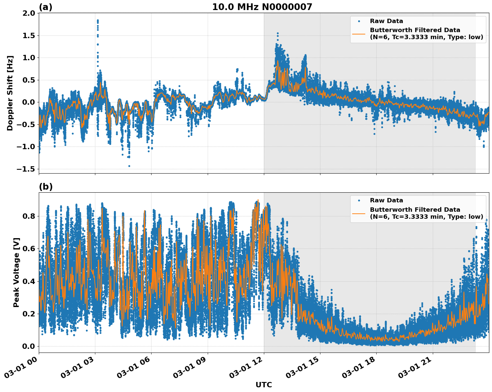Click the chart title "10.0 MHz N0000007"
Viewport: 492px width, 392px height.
pyautogui.click(x=262, y=7)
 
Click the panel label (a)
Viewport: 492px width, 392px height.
pyautogui.click(x=45, y=7)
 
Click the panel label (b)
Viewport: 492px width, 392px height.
pyautogui.click(x=46, y=187)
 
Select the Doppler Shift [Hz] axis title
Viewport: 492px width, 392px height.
pyautogui.click(x=10, y=93)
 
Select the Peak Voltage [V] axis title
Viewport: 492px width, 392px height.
pyautogui.click(x=16, y=272)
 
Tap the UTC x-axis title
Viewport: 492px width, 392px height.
pyautogui.click(x=264, y=385)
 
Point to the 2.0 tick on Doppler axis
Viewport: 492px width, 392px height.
pyautogui.click(x=28, y=13)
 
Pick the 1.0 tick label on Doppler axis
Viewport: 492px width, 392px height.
pyautogui.click(x=28, y=58)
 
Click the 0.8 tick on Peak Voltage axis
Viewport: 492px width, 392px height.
pyautogui.click(x=28, y=216)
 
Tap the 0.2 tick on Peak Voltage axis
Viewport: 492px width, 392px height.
pyautogui.click(x=28, y=314)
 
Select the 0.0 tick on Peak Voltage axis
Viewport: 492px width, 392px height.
pyautogui.click(x=28, y=346)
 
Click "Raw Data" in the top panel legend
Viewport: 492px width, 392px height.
pyautogui.click(x=386, y=21)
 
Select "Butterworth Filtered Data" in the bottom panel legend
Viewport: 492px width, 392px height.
pyautogui.click(x=415, y=210)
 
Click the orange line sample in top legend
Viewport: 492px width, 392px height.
pyautogui.click(x=359, y=34)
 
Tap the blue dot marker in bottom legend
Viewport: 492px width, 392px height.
pyautogui.click(x=359, y=201)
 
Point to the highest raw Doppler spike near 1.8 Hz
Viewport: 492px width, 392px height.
pyautogui.click(x=98, y=20)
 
